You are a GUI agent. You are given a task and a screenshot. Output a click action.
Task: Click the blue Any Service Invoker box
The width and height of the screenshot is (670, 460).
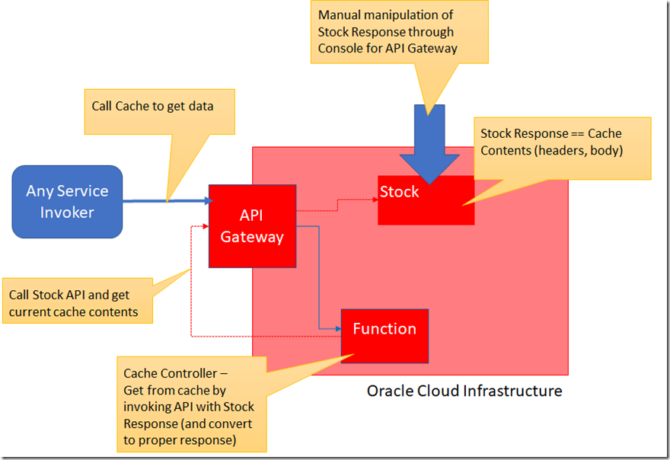[67, 202]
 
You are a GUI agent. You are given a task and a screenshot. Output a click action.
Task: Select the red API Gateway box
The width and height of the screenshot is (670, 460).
[252, 226]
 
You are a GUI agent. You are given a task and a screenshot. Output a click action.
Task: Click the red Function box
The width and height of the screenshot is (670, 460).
[384, 335]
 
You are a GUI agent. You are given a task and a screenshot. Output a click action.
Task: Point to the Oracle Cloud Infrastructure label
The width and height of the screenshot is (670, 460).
[464, 391]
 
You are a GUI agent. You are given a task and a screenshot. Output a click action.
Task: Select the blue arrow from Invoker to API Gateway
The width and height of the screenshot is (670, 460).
[167, 201]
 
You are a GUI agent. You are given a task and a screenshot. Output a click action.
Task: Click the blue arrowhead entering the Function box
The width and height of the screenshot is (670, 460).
[337, 329]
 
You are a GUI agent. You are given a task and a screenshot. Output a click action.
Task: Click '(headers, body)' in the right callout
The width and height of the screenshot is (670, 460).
[579, 150]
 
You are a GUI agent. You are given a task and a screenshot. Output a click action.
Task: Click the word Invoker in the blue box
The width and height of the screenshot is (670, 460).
[67, 212]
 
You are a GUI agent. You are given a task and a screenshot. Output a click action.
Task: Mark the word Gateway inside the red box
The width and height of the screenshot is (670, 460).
[252, 237]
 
